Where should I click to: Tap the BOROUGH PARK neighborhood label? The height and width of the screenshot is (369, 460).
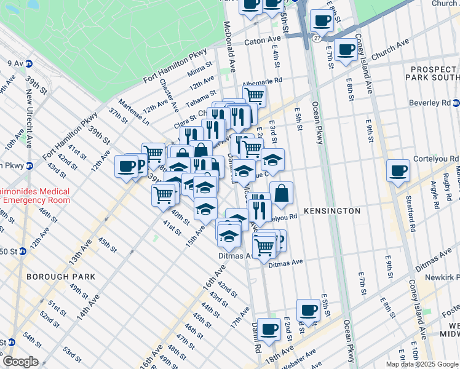[x=61, y=277]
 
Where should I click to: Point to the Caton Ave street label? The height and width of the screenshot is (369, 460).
[x=262, y=42]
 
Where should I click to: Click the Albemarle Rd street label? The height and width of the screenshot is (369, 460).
[x=262, y=81]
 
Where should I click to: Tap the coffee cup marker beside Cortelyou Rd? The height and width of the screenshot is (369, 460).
[x=398, y=169]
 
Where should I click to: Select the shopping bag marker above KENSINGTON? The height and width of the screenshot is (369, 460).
[x=281, y=192]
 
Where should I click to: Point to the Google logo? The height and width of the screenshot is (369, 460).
[x=20, y=362]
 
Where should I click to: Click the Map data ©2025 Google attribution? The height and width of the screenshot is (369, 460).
[x=422, y=364]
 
